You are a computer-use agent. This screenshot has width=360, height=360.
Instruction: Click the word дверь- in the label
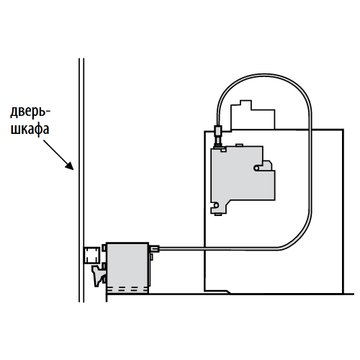[30, 112]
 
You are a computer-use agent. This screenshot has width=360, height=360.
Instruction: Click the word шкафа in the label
[30, 130]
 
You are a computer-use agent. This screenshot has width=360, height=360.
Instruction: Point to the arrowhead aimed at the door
[70, 166]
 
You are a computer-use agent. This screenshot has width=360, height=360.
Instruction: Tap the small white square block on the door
[92, 255]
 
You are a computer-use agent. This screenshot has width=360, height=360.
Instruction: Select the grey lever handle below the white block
[98, 276]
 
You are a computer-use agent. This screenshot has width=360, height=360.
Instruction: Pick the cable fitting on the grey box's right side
[154, 248]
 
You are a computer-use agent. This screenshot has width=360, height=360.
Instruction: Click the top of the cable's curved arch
[264, 75]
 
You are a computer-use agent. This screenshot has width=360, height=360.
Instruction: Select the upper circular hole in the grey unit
[256, 168]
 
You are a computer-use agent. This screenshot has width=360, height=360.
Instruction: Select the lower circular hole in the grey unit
[216, 205]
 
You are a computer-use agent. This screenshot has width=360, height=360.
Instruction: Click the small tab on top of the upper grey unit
[240, 145]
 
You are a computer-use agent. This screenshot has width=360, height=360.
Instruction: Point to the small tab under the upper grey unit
[218, 215]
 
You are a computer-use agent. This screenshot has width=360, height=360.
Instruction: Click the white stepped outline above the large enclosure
[253, 115]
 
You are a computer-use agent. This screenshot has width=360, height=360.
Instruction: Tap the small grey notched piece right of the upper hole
[267, 166]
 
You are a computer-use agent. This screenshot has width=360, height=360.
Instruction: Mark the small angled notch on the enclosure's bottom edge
[228, 292]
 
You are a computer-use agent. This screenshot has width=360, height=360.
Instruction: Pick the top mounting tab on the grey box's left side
[104, 248]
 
